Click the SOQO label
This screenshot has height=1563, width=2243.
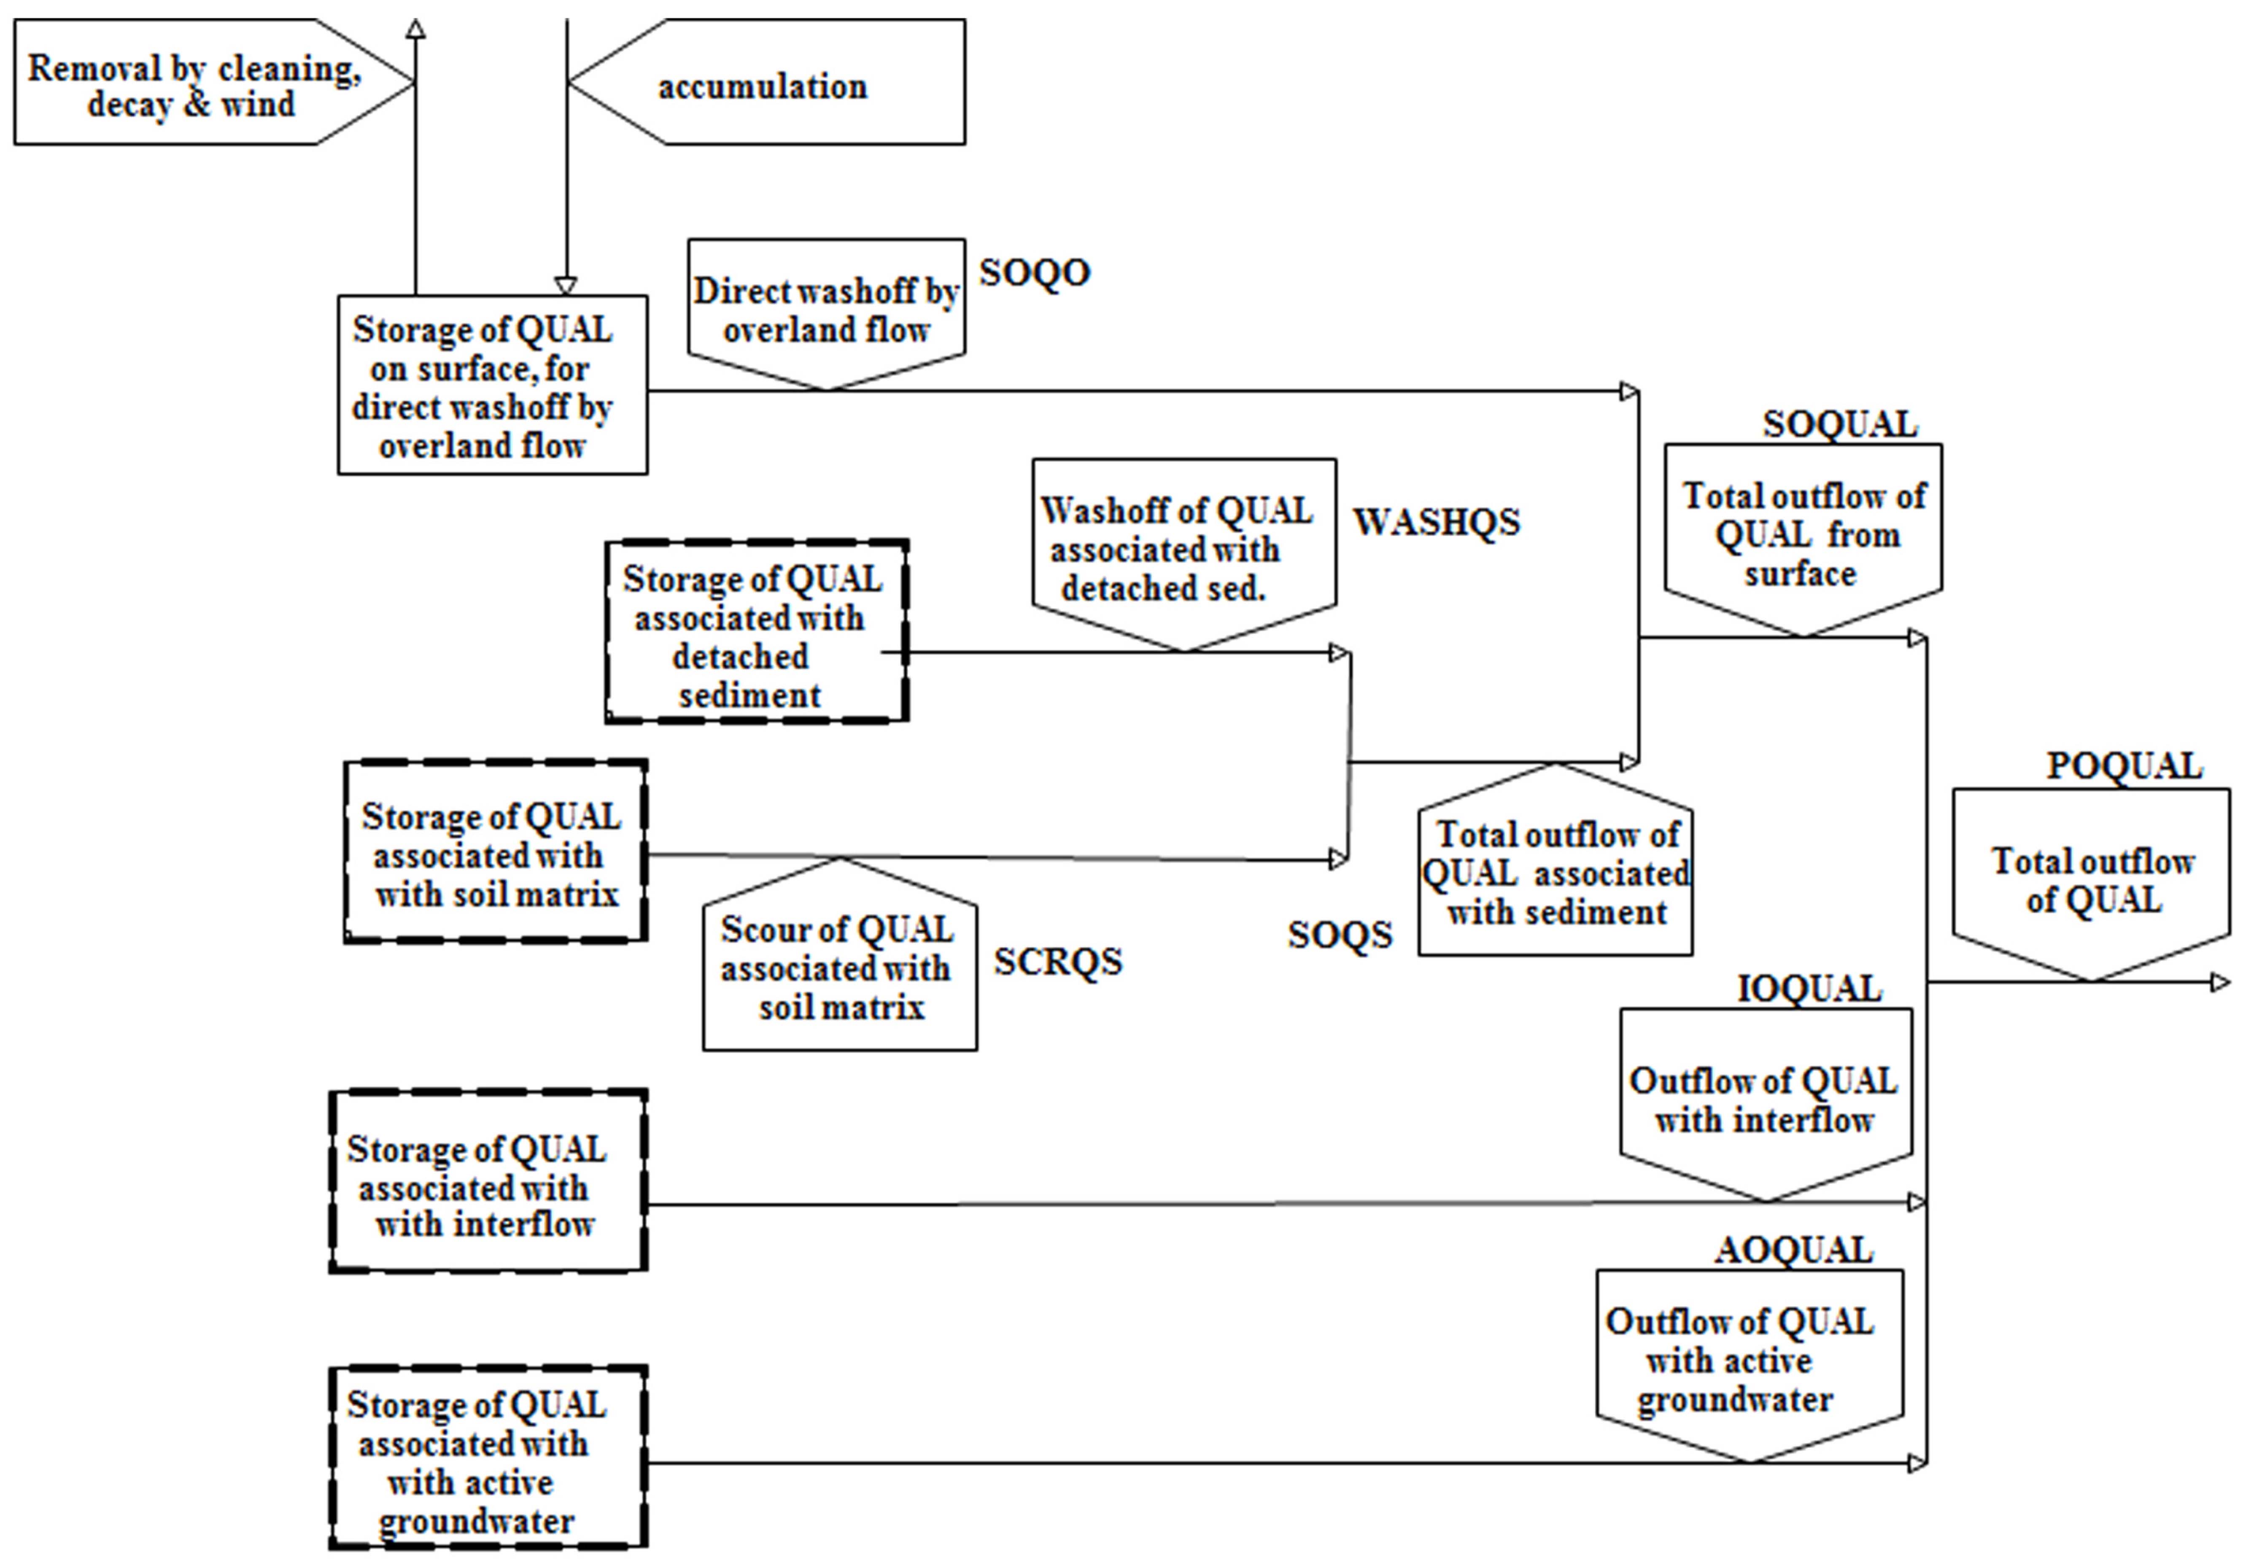tap(1035, 272)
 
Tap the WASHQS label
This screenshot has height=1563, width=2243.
tap(1436, 523)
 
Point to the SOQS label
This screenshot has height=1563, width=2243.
tap(1340, 935)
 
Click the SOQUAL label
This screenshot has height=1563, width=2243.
tap(1839, 424)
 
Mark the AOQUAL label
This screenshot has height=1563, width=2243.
tap(1794, 1249)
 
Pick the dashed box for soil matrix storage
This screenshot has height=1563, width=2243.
tap(495, 851)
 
